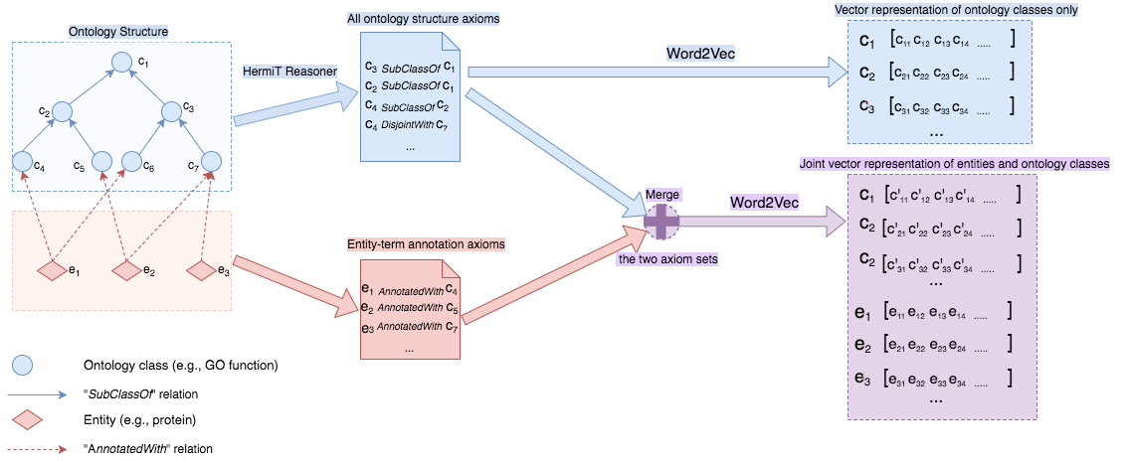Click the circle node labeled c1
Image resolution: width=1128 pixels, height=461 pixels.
tap(122, 63)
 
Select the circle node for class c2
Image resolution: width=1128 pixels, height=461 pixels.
tap(62, 112)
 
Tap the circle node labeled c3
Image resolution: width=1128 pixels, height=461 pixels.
tap(173, 112)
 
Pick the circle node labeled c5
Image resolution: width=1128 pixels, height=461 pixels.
tap(101, 162)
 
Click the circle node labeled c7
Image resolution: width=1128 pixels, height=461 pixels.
tap(212, 162)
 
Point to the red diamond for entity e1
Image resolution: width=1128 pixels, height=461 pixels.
tap(51, 271)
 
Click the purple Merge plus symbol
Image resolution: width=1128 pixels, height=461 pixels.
tap(661, 222)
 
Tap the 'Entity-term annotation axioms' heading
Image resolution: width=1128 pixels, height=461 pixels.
tap(426, 244)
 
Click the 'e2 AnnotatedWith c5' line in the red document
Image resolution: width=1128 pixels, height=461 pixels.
tap(410, 308)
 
